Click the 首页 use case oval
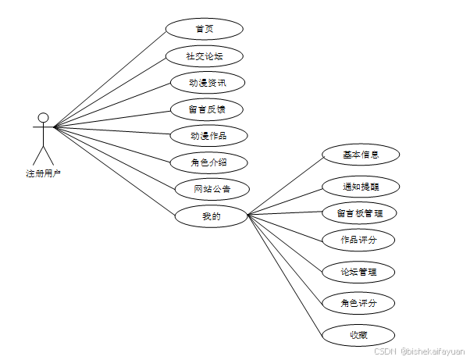point(205,30)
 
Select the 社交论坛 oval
point(205,56)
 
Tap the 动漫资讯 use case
point(208,82)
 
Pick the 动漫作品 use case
point(208,136)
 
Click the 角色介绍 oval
point(208,162)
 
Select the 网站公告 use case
point(212,189)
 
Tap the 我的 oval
point(212,216)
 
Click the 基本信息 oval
point(361,155)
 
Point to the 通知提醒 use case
point(361,187)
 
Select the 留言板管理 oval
point(361,213)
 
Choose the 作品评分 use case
point(359,240)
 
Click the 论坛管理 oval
point(359,272)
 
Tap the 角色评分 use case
point(359,303)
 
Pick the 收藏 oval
point(359,335)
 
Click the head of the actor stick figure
point(44,118)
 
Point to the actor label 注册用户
point(43,173)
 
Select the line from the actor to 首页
point(109,77)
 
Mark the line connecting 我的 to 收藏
point(285,275)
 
